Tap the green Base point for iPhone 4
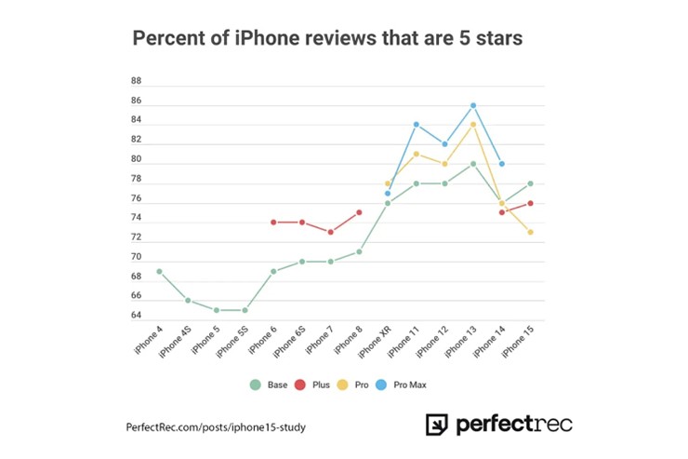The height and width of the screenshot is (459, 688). click(159, 271)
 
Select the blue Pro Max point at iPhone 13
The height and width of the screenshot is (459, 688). click(473, 105)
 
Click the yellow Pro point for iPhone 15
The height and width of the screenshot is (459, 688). click(530, 232)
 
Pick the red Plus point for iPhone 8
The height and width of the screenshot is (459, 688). click(359, 212)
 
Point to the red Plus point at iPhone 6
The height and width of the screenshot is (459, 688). click(273, 222)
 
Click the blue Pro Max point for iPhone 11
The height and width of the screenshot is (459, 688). click(417, 124)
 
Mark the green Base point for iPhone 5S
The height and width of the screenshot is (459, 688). click(245, 310)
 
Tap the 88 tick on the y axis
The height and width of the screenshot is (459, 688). click(136, 81)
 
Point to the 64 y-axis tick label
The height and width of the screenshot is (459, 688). click(136, 316)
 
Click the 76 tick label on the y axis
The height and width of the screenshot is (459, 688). click(136, 198)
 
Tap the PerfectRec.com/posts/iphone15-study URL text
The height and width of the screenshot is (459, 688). click(216, 427)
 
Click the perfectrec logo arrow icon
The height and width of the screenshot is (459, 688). click(437, 425)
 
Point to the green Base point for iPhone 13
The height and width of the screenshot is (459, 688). click(473, 164)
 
